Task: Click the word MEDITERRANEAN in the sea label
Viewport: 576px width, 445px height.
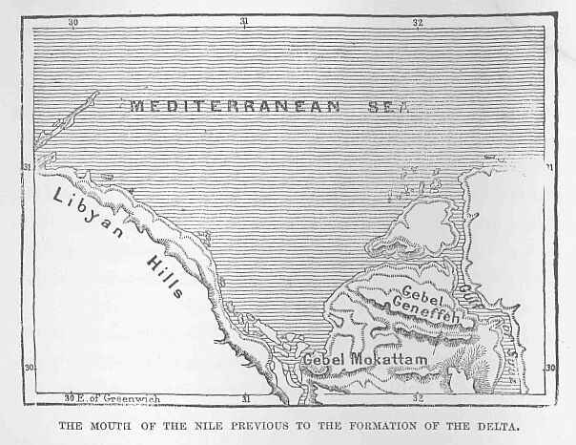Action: (x=235, y=106)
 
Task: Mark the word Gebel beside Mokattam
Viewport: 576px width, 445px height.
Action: (x=322, y=360)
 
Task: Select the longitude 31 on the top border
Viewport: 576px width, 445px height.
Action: (x=244, y=21)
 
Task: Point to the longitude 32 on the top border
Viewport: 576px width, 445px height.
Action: (x=418, y=21)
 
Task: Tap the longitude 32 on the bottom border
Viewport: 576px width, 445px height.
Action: (x=418, y=397)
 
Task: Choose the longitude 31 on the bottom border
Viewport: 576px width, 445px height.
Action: (x=245, y=397)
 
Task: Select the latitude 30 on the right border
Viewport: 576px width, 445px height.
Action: (x=549, y=367)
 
